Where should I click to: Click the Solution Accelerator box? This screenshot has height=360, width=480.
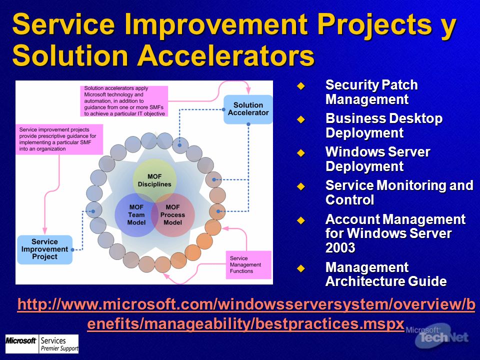(x=248, y=109)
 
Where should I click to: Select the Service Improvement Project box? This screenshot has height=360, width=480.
(x=44, y=249)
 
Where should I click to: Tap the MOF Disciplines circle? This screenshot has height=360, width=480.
(x=154, y=180)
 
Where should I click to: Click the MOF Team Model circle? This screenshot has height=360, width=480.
(x=136, y=215)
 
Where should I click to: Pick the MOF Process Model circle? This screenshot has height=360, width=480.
(x=172, y=215)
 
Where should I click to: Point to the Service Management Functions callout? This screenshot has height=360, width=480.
(x=248, y=265)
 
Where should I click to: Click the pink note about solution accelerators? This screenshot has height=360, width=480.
(x=124, y=101)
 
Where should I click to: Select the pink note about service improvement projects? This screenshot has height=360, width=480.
(x=59, y=139)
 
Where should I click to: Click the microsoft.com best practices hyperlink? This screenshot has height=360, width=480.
(x=246, y=314)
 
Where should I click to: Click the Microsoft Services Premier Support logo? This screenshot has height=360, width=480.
(x=42, y=344)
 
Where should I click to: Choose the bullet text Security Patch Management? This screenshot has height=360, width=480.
(x=371, y=92)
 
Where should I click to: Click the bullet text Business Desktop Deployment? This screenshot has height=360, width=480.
(x=384, y=125)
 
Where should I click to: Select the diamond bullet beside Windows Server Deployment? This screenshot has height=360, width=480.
(x=301, y=153)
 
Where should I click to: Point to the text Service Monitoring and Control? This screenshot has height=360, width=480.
(x=399, y=192)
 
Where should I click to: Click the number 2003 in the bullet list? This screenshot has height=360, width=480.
(x=340, y=248)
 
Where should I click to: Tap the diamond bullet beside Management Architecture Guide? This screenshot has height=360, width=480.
(x=301, y=268)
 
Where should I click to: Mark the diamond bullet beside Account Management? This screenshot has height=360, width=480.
(x=301, y=220)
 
